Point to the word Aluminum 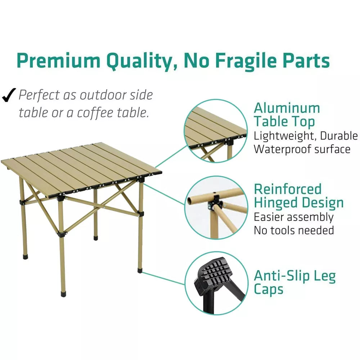click(287, 108)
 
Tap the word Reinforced click(288, 189)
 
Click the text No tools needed click(294, 230)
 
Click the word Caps click(269, 289)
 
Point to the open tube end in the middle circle click(190, 200)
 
